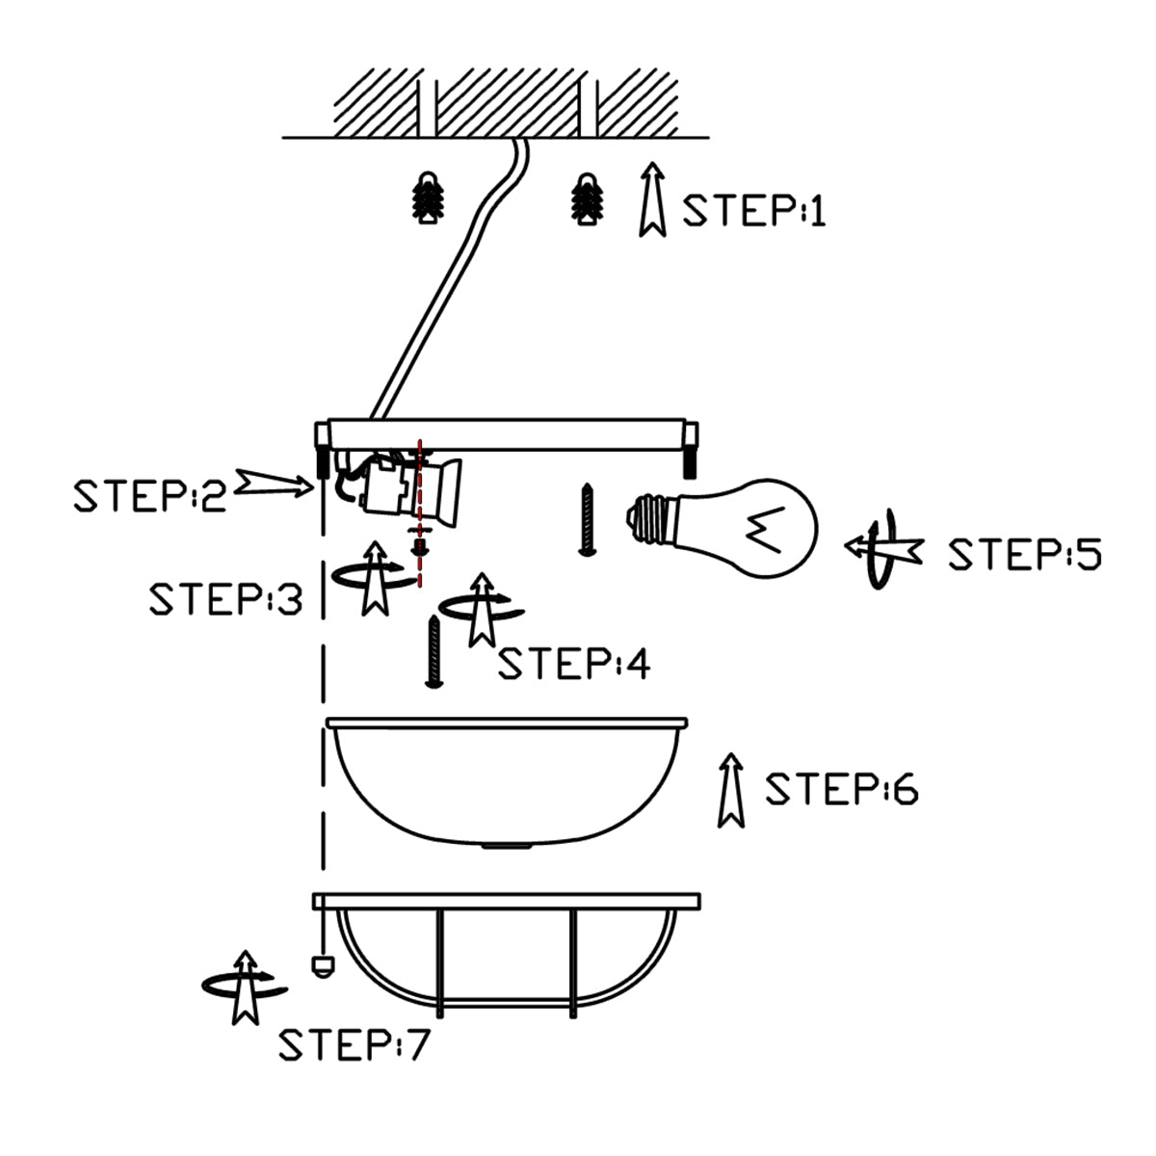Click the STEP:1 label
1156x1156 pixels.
[754, 209]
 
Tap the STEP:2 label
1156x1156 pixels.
[149, 494]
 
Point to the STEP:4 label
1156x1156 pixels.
[573, 664]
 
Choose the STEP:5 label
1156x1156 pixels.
[1024, 555]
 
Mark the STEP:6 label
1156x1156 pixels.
[842, 789]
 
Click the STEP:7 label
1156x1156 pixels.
[354, 1044]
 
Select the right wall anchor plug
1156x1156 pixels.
[586, 199]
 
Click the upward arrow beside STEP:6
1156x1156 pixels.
[732, 790]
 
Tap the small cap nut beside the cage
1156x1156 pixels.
[321, 965]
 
